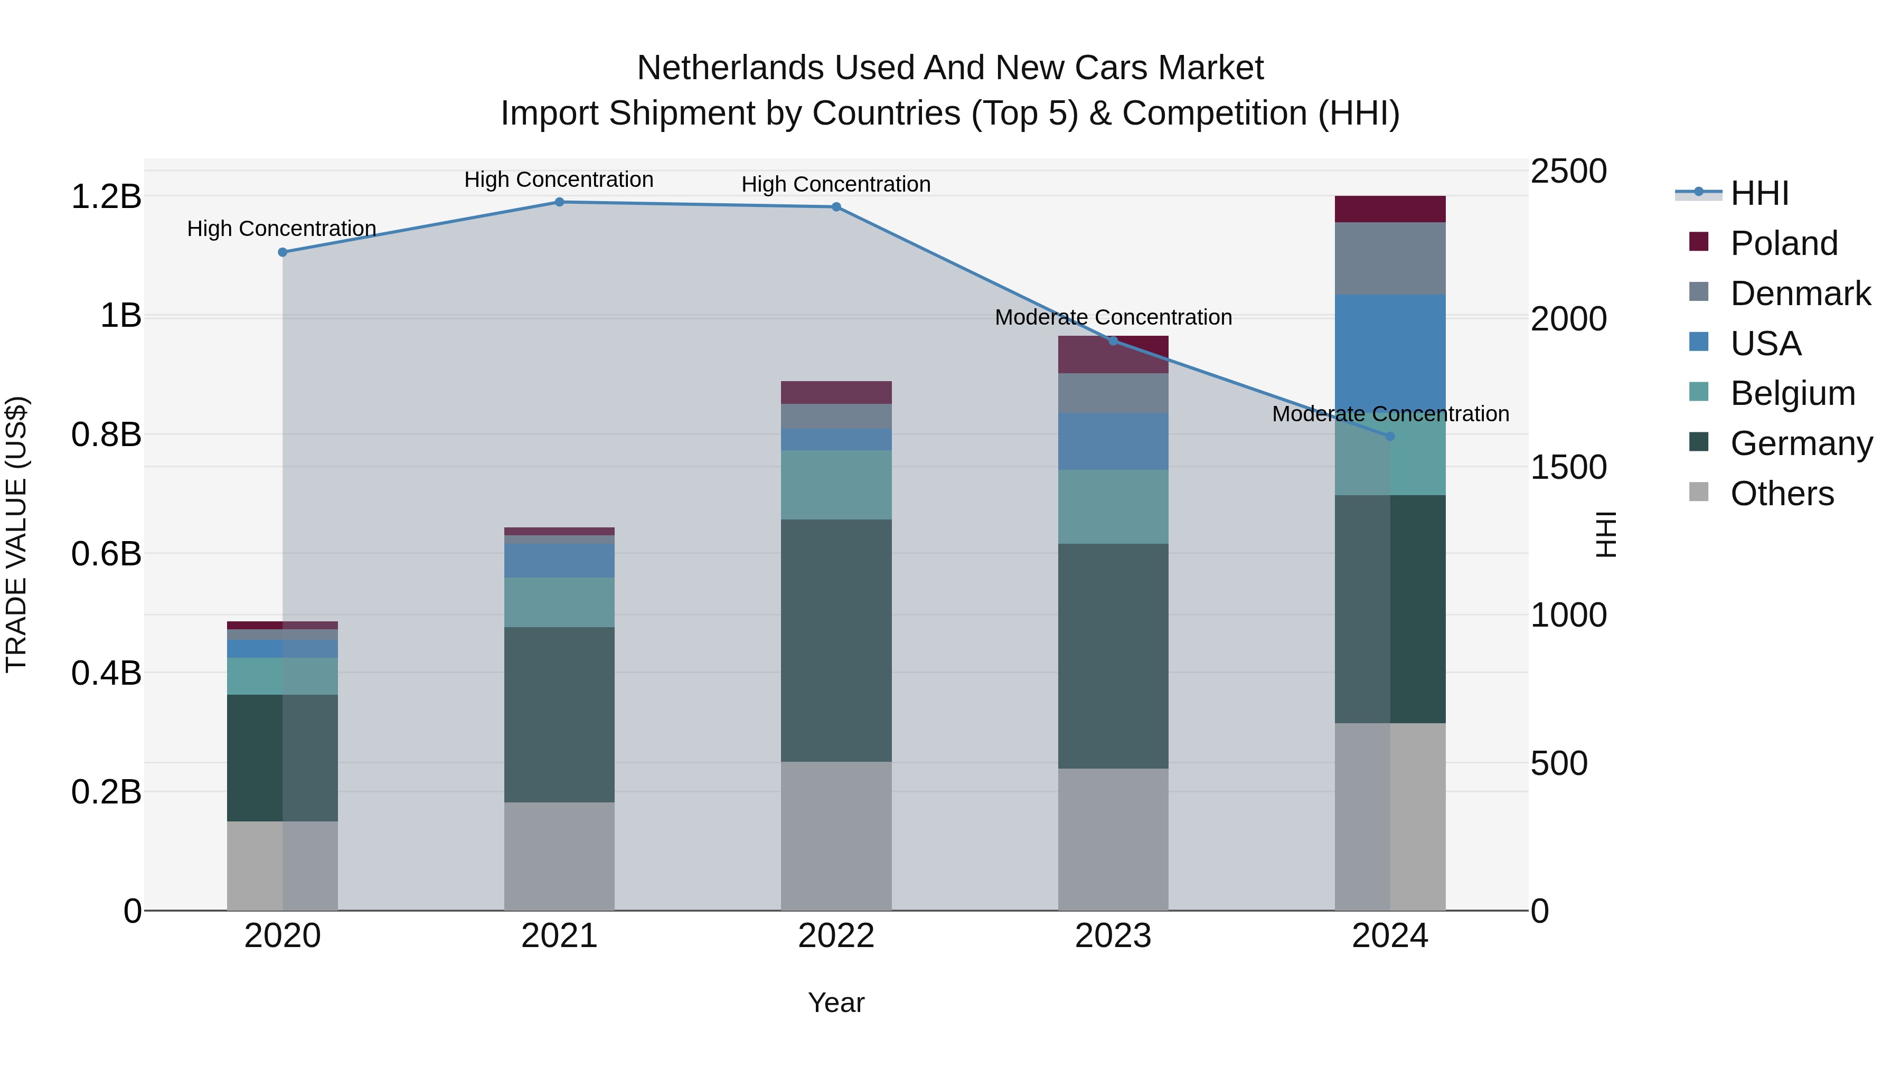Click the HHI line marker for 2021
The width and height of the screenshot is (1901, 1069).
559,202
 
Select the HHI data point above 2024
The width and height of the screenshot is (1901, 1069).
1390,437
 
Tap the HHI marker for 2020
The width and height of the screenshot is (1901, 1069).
283,252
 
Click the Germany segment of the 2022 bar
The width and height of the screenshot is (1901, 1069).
836,640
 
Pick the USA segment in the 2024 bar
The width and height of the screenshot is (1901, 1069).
1390,354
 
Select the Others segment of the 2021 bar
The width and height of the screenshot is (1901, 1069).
559,856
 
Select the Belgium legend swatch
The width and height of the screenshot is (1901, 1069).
1699,392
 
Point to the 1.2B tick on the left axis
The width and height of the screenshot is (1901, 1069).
106,197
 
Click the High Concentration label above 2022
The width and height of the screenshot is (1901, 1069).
835,184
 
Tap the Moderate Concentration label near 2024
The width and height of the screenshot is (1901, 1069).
1390,414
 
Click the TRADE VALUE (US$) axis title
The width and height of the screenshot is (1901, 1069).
16,534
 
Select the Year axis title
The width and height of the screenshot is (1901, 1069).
835,1002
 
